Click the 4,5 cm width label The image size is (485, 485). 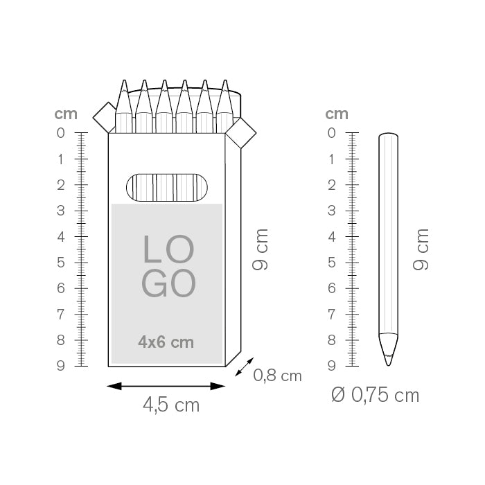[x=171, y=405]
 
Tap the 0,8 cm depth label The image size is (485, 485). [x=277, y=376]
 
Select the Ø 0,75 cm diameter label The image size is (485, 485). [x=376, y=396]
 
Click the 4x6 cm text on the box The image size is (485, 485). [x=166, y=342]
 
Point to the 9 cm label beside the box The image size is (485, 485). [x=260, y=249]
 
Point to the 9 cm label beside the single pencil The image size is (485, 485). [x=421, y=249]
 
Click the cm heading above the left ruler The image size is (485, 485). [x=66, y=114]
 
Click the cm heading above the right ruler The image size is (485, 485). [x=337, y=114]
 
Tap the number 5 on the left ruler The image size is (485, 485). [x=61, y=263]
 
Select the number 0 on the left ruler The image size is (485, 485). [x=61, y=133]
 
